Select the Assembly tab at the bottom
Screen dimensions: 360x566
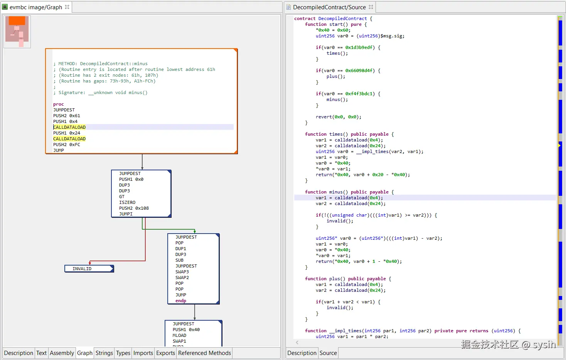(x=62, y=353)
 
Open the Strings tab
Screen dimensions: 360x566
(x=104, y=353)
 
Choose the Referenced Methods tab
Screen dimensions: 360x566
(x=204, y=353)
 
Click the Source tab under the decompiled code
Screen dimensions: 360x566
(x=328, y=353)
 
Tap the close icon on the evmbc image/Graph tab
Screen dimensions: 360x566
(x=67, y=7)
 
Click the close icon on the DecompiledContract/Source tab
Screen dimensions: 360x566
(x=371, y=7)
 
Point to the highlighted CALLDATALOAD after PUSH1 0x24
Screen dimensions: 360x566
(x=69, y=139)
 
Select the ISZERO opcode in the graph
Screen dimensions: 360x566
(x=127, y=202)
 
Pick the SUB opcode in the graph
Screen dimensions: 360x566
(x=179, y=260)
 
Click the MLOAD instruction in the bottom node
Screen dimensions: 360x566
(x=179, y=335)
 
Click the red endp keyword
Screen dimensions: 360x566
(x=181, y=301)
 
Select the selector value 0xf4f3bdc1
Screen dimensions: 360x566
(x=359, y=94)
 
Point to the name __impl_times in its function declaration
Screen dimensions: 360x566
(x=345, y=331)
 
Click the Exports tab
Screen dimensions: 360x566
(x=165, y=353)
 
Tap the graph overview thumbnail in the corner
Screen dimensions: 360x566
(x=17, y=32)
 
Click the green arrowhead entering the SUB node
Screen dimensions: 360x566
(x=195, y=232)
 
